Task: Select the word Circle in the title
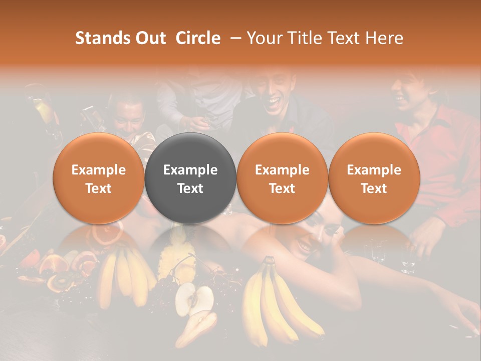(x=198, y=38)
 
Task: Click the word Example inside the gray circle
(x=190, y=170)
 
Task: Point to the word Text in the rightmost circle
(x=374, y=189)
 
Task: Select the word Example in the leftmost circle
(x=99, y=170)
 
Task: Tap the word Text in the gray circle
(x=190, y=189)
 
